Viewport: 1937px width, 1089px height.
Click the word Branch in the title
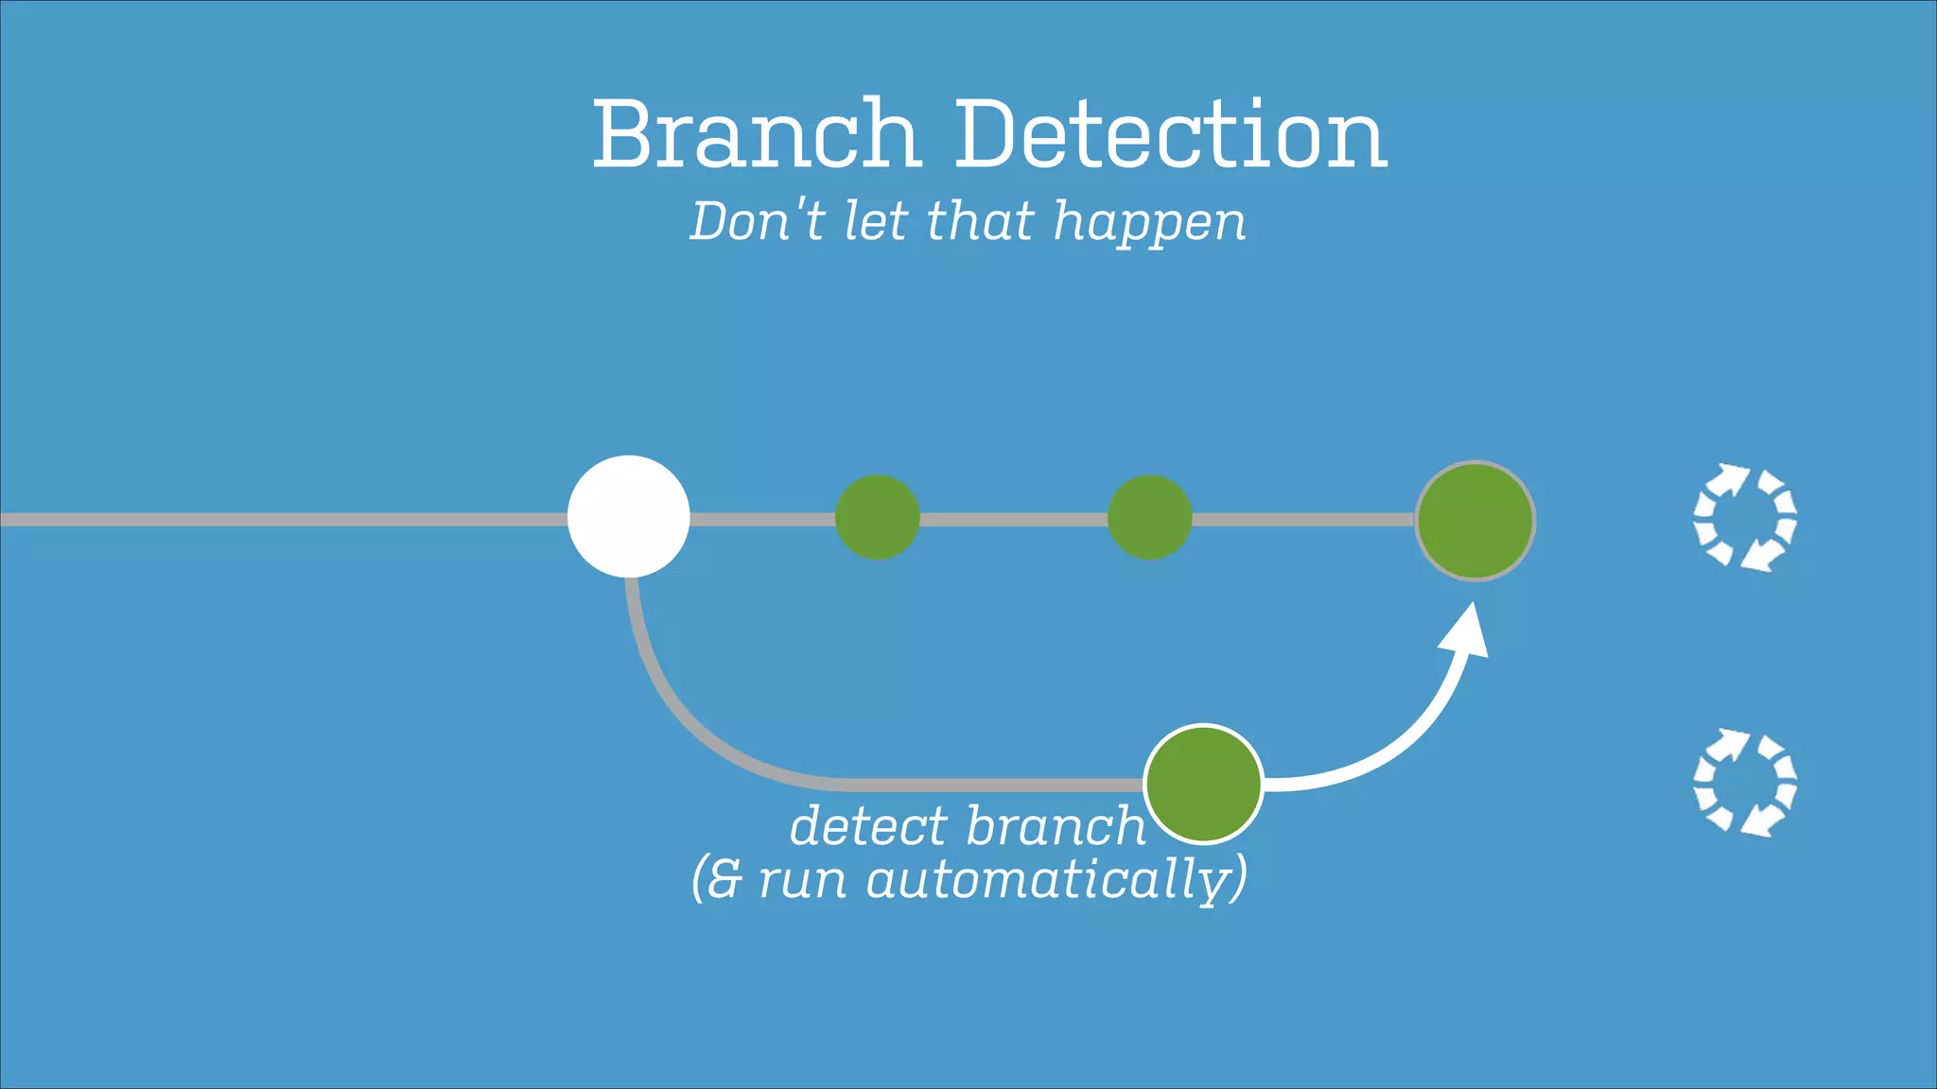[756, 134]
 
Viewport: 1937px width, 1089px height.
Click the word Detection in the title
[1170, 134]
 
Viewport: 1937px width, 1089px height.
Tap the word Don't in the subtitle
[758, 221]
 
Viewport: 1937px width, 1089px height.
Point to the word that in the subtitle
[980, 221]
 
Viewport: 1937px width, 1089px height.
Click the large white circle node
[628, 516]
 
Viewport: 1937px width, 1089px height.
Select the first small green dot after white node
[878, 517]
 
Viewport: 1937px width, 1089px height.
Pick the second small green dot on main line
[1149, 517]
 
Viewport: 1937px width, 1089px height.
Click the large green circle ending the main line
[1475, 521]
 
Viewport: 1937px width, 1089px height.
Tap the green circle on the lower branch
[1203, 783]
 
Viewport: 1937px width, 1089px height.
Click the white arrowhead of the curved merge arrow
[1467, 631]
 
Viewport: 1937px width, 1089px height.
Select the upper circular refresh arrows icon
[1744, 517]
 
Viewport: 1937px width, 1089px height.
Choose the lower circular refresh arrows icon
[1744, 783]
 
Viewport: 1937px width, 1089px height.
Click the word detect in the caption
[868, 826]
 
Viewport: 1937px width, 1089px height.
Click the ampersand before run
[724, 880]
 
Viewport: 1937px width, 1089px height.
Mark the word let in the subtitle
[876, 221]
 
